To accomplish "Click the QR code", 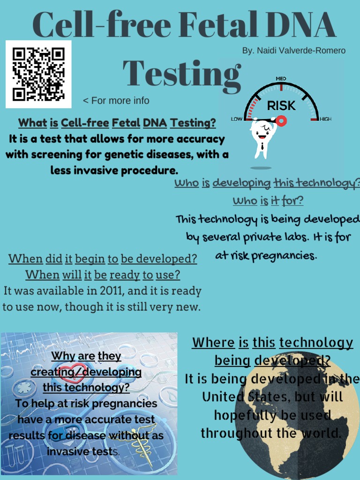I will pyautogui.click(x=38, y=74).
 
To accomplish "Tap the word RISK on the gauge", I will pyautogui.click(x=281, y=106).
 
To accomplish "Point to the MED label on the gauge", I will pyautogui.click(x=281, y=78).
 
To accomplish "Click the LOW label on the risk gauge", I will pyautogui.click(x=237, y=119).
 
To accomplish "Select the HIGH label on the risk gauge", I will pyautogui.click(x=325, y=119).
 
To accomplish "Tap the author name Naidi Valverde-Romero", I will pyautogui.click(x=294, y=51).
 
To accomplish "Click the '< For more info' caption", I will pyautogui.click(x=116, y=101).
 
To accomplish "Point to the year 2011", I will pyautogui.click(x=112, y=291).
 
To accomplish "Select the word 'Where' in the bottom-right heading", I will pyautogui.click(x=213, y=343).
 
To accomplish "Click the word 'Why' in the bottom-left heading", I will pyautogui.click(x=63, y=356).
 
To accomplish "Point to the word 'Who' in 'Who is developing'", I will pyautogui.click(x=187, y=183).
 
